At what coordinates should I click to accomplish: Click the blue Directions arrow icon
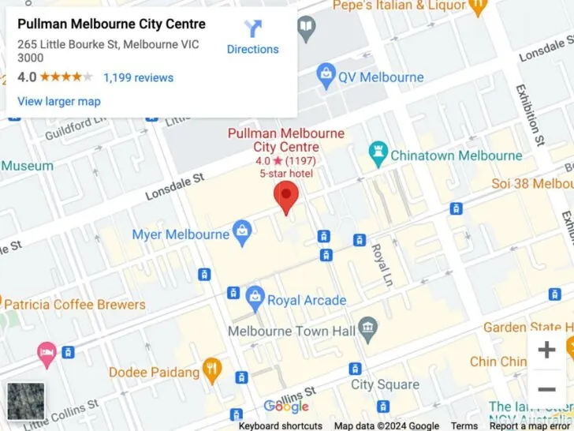(252, 29)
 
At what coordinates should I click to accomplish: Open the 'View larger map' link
(59, 101)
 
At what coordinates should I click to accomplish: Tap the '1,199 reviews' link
(138, 77)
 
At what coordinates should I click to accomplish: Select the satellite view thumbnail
(25, 401)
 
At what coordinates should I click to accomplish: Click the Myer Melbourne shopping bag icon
(243, 233)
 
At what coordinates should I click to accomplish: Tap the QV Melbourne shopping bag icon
(326, 77)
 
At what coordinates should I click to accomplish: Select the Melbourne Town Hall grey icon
(367, 326)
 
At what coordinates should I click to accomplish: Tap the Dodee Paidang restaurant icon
(211, 368)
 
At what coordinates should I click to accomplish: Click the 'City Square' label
(385, 384)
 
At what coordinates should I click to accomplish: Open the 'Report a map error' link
(531, 425)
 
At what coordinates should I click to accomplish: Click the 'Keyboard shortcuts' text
(280, 425)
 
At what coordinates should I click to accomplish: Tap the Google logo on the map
(286, 407)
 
